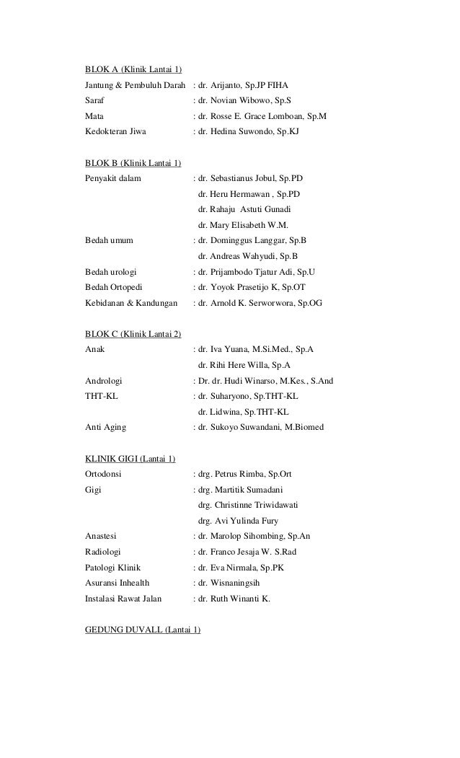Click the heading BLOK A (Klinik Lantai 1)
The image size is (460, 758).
[133, 70]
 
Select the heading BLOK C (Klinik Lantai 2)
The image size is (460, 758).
[133, 333]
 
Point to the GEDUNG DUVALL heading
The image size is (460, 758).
[143, 630]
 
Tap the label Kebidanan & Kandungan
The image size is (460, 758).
[131, 304]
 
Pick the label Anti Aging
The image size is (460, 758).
[105, 428]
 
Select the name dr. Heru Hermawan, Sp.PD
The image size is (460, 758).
[249, 194]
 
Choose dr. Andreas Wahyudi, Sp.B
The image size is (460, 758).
[247, 256]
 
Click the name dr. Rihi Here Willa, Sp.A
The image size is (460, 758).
[244, 364]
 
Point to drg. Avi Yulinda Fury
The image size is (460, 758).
[237, 521]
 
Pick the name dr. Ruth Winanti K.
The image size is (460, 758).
[234, 599]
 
